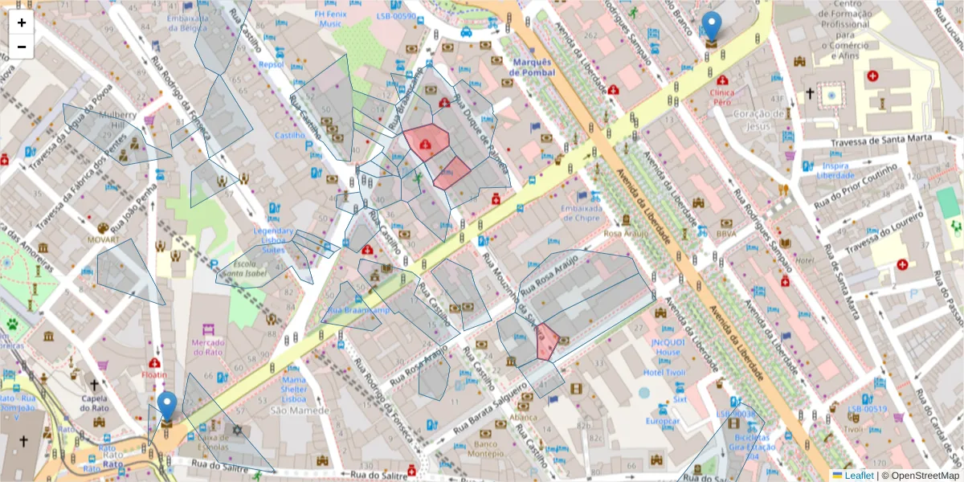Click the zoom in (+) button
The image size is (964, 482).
[x=22, y=22]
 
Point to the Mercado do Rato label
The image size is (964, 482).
[x=208, y=348]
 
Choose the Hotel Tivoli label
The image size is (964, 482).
[x=664, y=372]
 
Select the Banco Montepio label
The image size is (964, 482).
[x=484, y=448]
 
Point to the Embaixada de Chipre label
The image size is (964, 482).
[x=582, y=212]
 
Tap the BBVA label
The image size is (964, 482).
[x=727, y=234]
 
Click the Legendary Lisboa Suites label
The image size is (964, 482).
[x=274, y=240]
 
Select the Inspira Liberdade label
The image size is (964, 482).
[x=835, y=170]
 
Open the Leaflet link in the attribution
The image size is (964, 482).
[x=859, y=476]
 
